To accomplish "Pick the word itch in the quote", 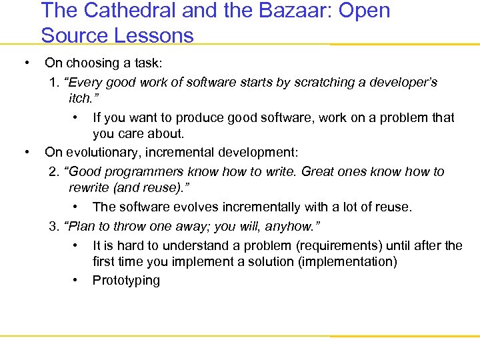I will [x=79, y=99].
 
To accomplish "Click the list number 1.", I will [x=53, y=83].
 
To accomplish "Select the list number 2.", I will [x=53, y=172].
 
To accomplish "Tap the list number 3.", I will [x=53, y=226].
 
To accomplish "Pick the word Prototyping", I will [x=126, y=281].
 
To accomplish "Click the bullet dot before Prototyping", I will [x=77, y=279].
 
